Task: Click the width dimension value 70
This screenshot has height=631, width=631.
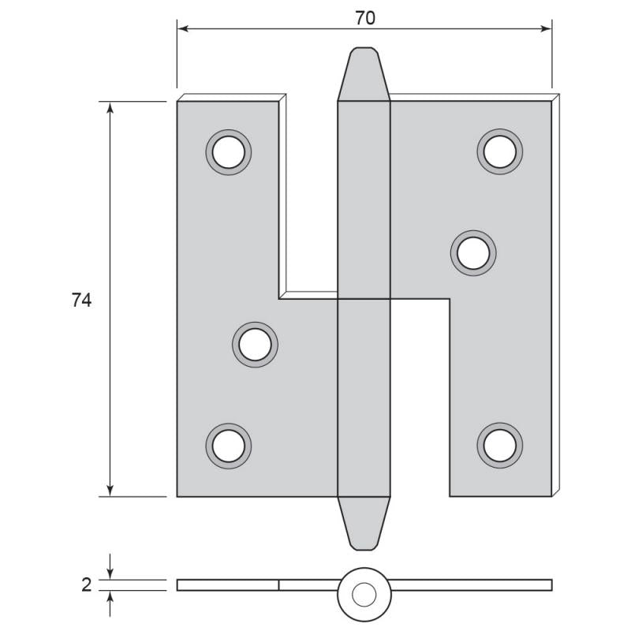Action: tap(365, 18)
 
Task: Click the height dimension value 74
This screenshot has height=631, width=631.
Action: tap(82, 301)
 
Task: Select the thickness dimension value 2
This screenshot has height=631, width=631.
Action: tap(87, 585)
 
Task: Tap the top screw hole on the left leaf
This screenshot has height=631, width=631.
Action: tap(229, 152)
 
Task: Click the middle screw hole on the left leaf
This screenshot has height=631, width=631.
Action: tap(255, 345)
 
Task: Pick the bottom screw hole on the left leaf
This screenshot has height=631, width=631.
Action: tap(229, 446)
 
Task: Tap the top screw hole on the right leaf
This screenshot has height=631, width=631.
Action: tap(500, 151)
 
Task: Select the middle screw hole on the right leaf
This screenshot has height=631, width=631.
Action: tap(473, 253)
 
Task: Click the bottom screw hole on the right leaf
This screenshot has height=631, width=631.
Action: tap(500, 446)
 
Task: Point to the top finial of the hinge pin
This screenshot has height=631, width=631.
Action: tap(364, 74)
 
